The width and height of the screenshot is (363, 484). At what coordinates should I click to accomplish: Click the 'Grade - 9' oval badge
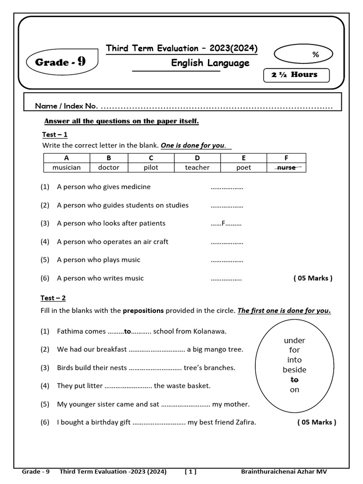tap(60, 62)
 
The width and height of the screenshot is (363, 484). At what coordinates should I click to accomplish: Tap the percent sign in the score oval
tap(315, 54)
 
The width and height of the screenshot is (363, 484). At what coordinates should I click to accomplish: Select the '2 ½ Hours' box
tap(296, 75)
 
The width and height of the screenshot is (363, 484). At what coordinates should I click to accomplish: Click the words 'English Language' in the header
tap(210, 63)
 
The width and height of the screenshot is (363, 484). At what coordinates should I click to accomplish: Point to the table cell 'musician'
tap(66, 167)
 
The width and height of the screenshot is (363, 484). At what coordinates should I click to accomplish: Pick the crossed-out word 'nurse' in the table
tap(286, 167)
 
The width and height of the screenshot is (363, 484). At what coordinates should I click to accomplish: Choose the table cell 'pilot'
tap(151, 167)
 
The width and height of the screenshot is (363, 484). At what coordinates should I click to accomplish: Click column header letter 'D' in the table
tap(197, 158)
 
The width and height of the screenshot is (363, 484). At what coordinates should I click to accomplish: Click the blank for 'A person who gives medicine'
tap(226, 187)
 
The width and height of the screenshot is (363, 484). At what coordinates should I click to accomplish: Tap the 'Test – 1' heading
tap(55, 135)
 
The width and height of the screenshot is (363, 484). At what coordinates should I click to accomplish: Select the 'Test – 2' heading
tap(53, 298)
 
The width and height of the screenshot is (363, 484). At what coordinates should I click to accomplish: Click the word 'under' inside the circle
tap(294, 340)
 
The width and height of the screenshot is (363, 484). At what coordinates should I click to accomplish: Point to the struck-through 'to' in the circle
tap(294, 380)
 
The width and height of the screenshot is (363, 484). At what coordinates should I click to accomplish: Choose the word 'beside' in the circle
tap(294, 370)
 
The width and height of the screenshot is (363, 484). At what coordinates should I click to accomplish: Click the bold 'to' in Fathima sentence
tap(127, 331)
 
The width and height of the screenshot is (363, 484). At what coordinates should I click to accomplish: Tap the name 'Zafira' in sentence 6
tap(246, 422)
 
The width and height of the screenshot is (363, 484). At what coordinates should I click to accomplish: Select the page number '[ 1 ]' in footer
tap(191, 472)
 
